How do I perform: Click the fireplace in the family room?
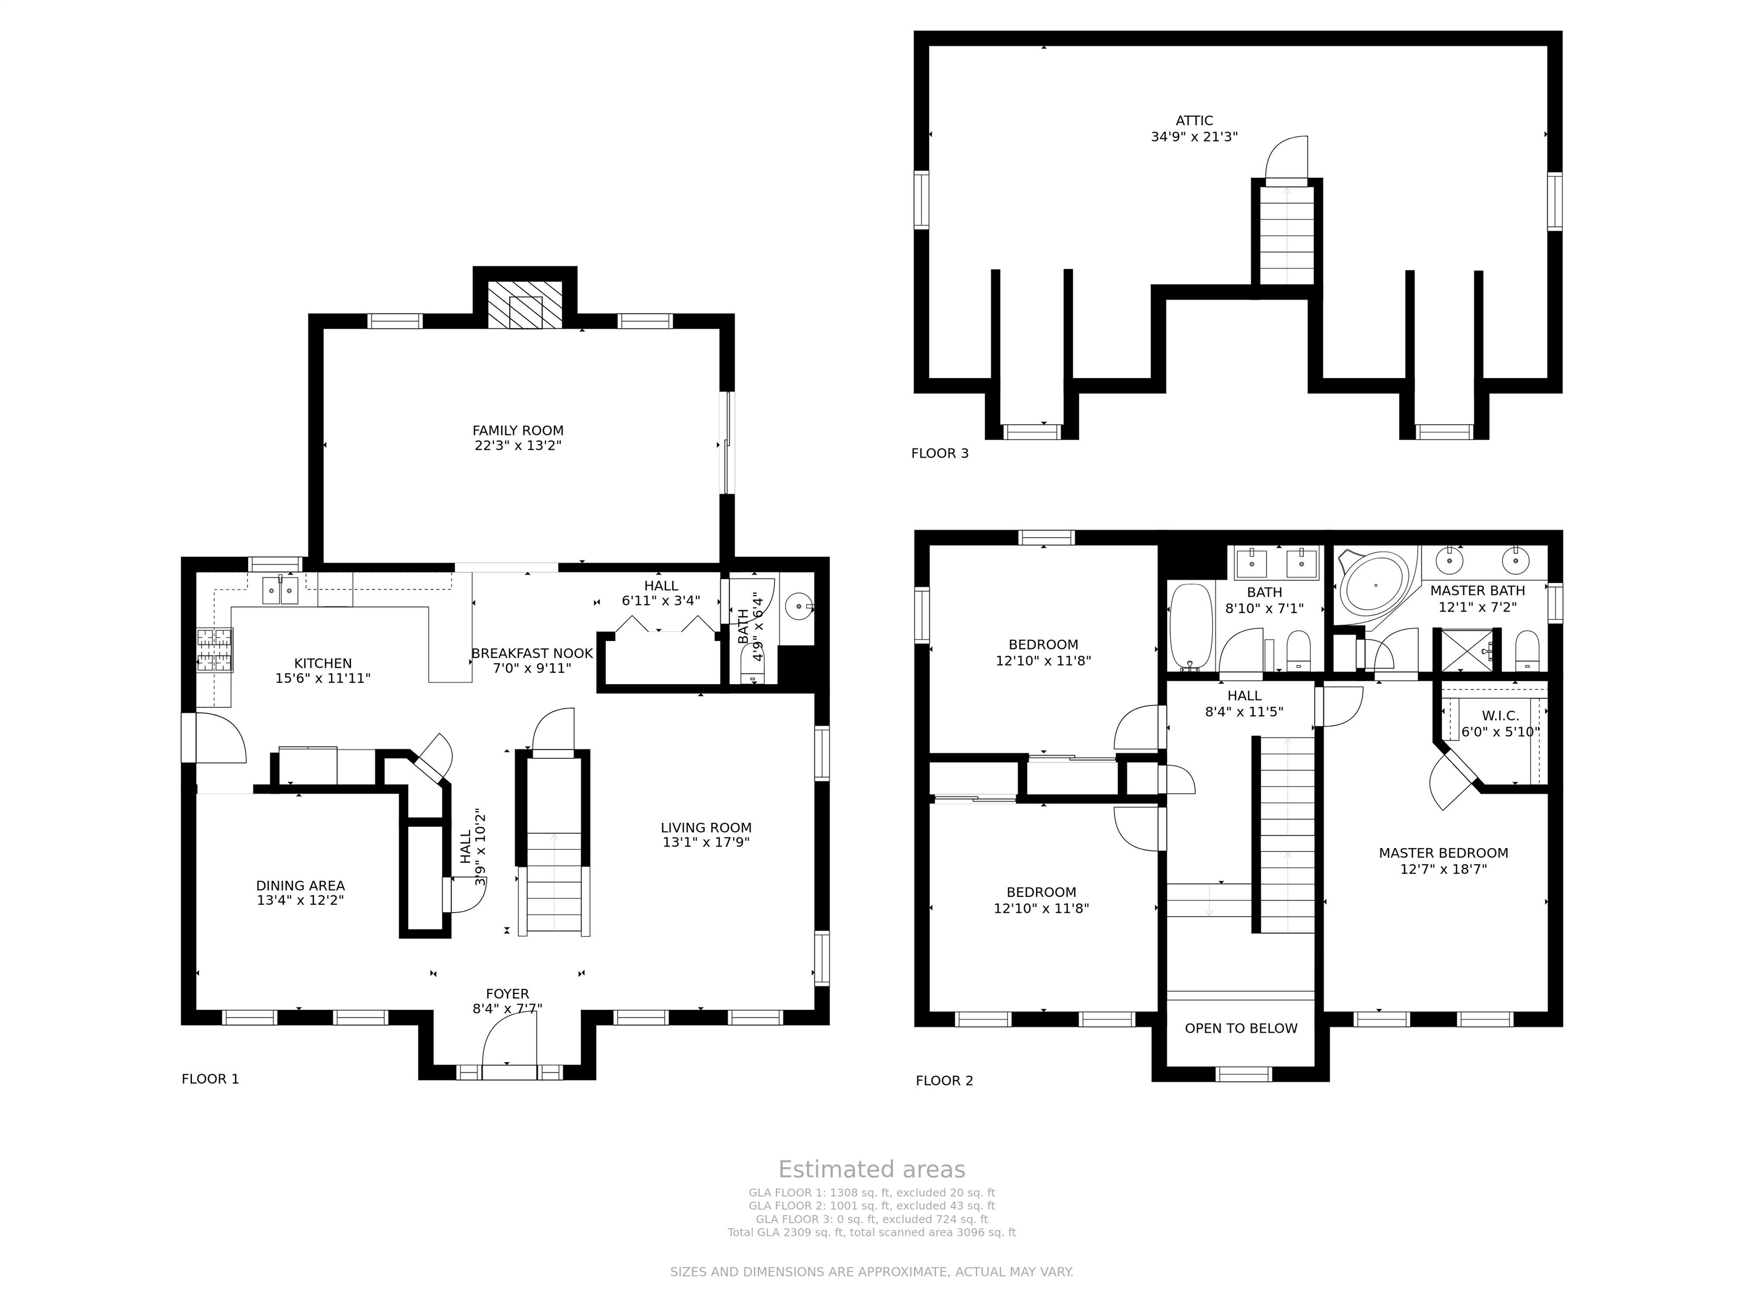525,304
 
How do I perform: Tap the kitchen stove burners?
215,649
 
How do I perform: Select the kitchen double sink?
280,590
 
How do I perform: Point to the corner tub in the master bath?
1374,585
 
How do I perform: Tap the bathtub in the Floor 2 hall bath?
1190,627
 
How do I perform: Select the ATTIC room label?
1194,120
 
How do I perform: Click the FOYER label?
507,994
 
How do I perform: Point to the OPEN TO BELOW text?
1241,1028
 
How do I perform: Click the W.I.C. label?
1500,716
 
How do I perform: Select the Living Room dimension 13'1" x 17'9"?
706,842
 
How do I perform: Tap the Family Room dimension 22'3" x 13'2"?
518,446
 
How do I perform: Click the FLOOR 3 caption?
940,454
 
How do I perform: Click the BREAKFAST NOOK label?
532,653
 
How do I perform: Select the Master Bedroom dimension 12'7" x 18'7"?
1444,869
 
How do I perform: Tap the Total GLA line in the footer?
871,1232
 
